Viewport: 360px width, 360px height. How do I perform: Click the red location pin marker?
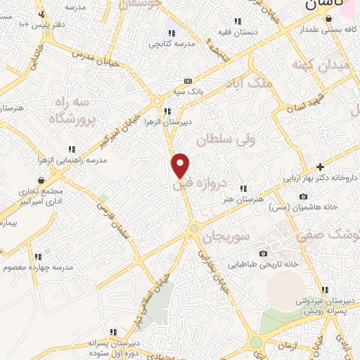point(181,165)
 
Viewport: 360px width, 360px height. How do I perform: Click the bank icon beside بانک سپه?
point(187,81)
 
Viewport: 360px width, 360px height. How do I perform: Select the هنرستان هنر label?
point(242,200)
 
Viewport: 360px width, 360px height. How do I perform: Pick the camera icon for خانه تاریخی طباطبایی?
point(263,253)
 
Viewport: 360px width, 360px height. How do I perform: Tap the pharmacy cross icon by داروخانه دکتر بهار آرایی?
point(321,167)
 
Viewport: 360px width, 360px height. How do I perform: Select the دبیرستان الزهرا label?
point(169,121)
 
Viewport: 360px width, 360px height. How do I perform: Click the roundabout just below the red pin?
point(194,229)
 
